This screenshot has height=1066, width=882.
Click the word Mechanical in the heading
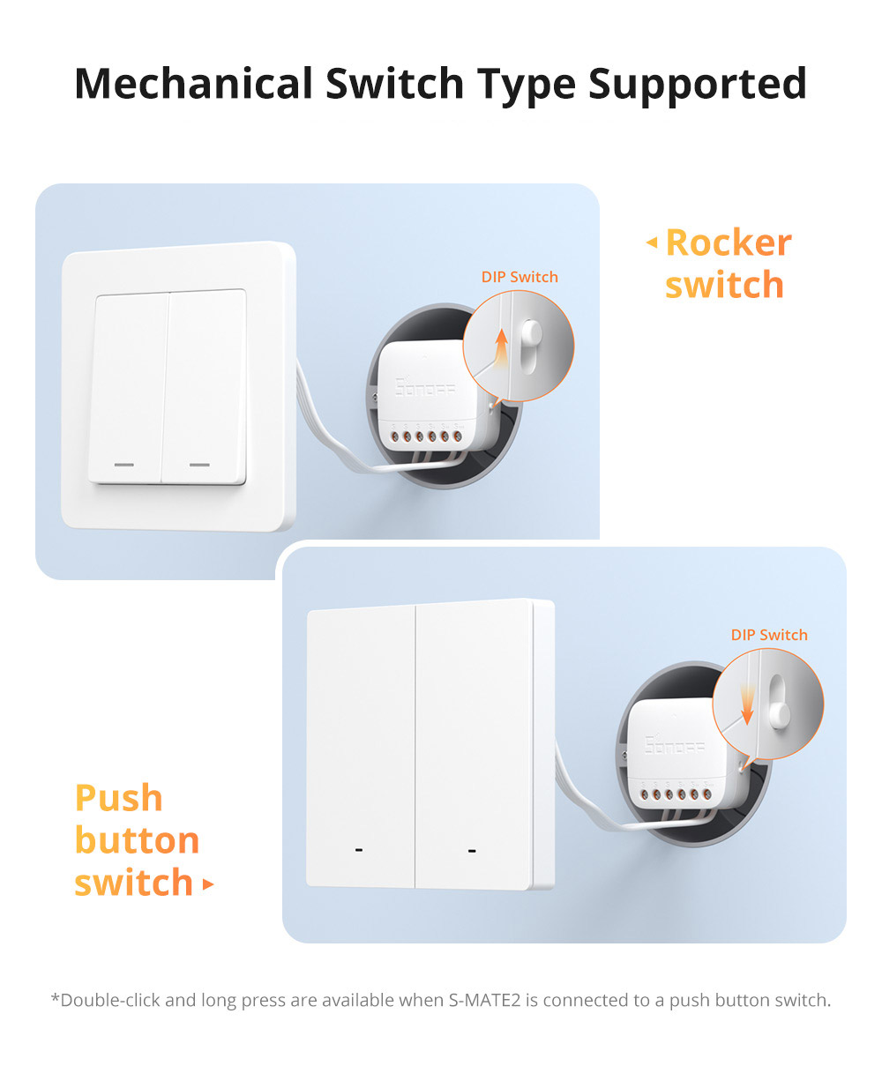(x=193, y=83)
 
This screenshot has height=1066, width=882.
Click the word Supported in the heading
(x=697, y=83)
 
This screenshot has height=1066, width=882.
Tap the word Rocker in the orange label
(x=729, y=242)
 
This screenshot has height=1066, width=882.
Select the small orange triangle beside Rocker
(x=652, y=242)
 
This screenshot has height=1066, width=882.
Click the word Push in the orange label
(x=119, y=798)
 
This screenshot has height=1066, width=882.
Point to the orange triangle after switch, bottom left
(x=208, y=883)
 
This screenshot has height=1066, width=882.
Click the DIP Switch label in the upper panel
(x=519, y=277)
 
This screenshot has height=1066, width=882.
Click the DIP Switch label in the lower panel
(x=769, y=635)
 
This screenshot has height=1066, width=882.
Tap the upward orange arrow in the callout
(x=501, y=345)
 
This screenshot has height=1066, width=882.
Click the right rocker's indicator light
(x=200, y=464)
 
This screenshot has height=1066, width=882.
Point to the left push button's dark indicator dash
(x=358, y=851)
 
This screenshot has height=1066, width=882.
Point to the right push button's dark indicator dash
(x=472, y=851)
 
